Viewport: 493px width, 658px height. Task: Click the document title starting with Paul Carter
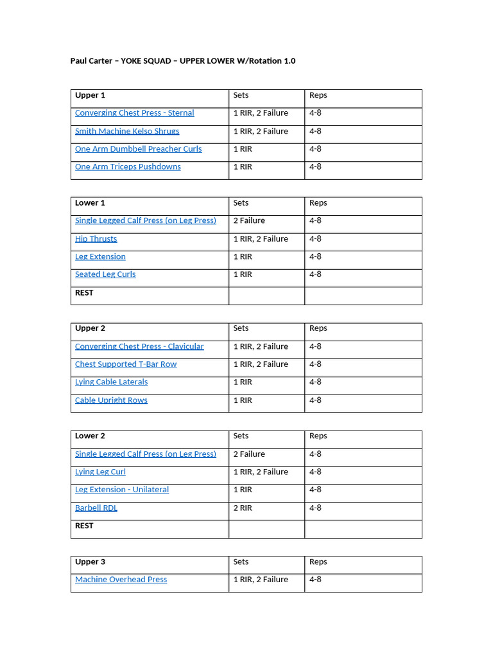point(182,61)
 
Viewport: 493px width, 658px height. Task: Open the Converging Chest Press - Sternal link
point(134,113)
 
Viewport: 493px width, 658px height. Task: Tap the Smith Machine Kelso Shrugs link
point(127,131)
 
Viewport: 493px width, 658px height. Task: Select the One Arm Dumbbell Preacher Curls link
point(138,149)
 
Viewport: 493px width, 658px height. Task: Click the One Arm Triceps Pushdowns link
point(128,167)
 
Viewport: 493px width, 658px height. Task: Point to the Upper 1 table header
point(90,95)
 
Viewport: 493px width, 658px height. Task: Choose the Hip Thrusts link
point(96,238)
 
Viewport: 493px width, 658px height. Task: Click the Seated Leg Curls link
point(105,274)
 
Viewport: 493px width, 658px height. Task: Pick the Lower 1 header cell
point(90,203)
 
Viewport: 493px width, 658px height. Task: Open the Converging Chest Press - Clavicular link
point(139,346)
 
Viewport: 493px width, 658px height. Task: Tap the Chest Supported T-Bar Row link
point(126,364)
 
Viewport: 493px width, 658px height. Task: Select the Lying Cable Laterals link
point(111,382)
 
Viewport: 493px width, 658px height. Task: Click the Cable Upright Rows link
point(111,400)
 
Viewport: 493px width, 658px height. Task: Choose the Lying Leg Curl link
point(100,472)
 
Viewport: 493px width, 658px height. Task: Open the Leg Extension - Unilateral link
point(122,490)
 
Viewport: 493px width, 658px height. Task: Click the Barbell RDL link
point(96,508)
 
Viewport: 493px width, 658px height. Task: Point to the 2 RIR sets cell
point(243,508)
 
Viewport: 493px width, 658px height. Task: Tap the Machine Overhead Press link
point(121,580)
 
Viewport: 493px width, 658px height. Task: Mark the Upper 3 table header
point(90,562)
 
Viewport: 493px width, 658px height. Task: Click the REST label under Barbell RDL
point(84,526)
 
